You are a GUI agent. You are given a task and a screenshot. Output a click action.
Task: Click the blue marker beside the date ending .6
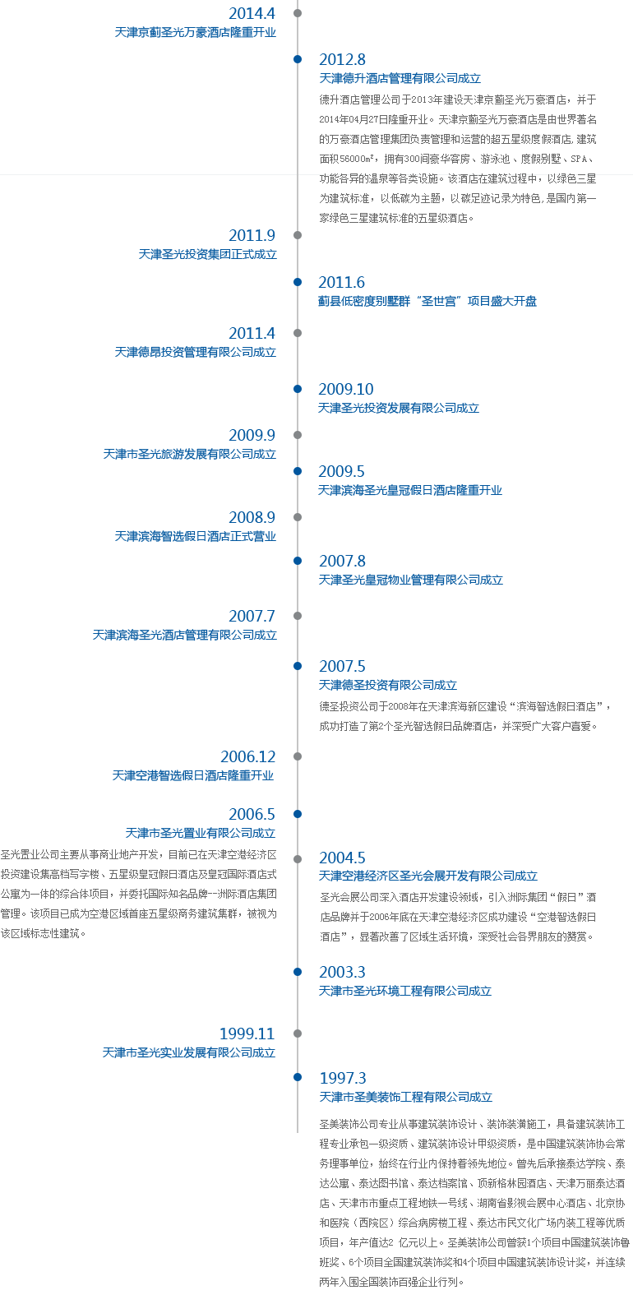click(297, 282)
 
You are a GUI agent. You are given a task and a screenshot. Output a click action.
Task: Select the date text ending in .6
click(342, 283)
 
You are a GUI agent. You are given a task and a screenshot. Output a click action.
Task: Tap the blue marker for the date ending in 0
click(297, 388)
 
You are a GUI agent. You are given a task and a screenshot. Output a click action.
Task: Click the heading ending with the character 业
click(193, 775)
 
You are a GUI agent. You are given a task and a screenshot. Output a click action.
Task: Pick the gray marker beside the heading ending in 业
click(297, 756)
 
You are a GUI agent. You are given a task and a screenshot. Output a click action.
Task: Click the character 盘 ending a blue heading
click(531, 302)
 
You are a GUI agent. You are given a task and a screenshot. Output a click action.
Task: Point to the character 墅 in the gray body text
click(557, 159)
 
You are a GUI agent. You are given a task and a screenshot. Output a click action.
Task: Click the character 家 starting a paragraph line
click(324, 218)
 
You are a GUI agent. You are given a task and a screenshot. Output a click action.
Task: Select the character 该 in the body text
click(6, 933)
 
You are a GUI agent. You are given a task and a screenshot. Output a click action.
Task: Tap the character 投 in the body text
click(6, 875)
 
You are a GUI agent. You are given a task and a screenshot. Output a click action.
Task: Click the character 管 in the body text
click(6, 913)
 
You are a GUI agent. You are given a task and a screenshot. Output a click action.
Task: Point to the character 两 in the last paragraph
click(324, 1282)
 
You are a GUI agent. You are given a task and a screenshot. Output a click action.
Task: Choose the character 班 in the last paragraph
click(324, 1262)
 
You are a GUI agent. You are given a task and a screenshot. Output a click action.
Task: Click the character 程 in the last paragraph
click(324, 1144)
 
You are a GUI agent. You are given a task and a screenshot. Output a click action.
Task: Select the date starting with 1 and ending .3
click(342, 1078)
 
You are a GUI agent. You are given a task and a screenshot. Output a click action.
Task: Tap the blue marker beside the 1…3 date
click(297, 1076)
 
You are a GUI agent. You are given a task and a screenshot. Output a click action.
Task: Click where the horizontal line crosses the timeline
click(297, 174)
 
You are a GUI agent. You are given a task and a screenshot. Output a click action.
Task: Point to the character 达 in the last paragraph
click(324, 1183)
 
